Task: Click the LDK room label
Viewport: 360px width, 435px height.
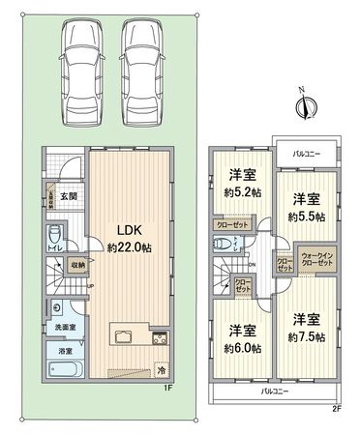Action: [x=130, y=230]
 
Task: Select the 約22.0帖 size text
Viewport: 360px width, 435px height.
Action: [x=130, y=247]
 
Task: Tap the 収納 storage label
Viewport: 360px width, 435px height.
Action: [x=77, y=264]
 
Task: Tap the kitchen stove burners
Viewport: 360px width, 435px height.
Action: [x=159, y=338]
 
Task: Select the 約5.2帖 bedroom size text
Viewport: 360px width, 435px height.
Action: [x=241, y=191]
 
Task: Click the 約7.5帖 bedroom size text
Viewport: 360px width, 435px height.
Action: [x=305, y=335]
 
